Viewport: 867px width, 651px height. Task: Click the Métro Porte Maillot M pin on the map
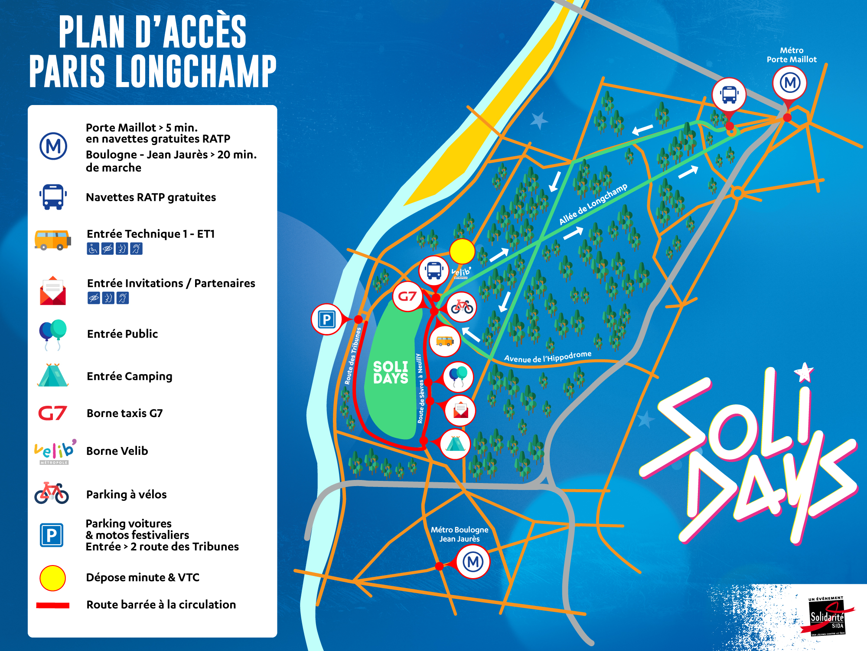click(789, 83)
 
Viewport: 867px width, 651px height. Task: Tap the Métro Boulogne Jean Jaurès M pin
click(473, 562)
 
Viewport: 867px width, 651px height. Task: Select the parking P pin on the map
click(327, 320)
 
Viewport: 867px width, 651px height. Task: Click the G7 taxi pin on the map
click(407, 296)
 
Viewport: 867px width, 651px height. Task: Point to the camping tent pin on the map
click(455, 444)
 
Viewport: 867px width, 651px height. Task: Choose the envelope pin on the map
click(460, 410)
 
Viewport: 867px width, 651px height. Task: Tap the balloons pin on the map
click(458, 376)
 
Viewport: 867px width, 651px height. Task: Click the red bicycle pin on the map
click(462, 307)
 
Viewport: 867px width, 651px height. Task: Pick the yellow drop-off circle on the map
click(462, 251)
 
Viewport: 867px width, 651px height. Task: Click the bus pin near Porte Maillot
click(729, 95)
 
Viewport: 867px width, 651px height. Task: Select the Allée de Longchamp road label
click(593, 204)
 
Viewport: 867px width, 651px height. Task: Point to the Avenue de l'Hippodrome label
click(548, 357)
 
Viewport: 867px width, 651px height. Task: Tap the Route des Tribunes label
click(353, 356)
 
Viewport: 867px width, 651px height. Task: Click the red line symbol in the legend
click(52, 605)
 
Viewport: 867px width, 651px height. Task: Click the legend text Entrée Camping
click(129, 376)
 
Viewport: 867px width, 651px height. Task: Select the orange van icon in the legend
click(52, 240)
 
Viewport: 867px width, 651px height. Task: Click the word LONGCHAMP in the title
click(196, 72)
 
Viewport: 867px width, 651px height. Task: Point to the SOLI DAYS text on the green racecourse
click(391, 372)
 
